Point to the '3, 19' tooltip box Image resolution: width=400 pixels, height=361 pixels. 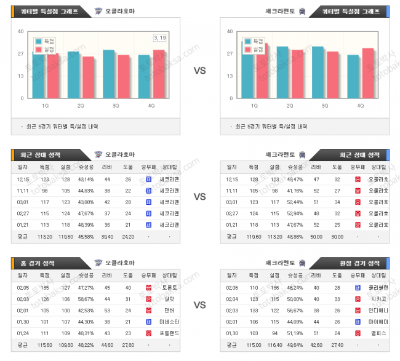pyautogui.click(x=159, y=38)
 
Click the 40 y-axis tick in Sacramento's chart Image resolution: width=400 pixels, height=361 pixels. pyautogui.click(x=230, y=31)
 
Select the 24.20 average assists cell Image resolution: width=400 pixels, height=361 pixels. pyautogui.click(x=127, y=236)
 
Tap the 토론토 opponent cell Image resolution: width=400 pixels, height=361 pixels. pyautogui.click(x=168, y=287)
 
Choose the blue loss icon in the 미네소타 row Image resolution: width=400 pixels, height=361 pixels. pyautogui.click(x=148, y=322)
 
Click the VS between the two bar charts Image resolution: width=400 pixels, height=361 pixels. pyautogui.click(x=199, y=71)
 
